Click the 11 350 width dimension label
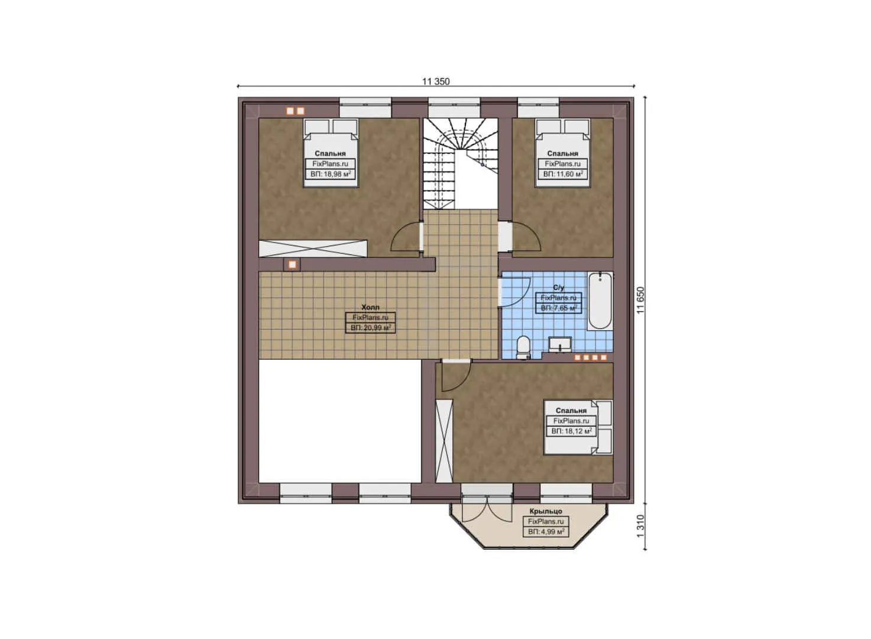436,82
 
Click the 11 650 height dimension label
640,301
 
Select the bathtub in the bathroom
600,301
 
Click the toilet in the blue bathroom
523,347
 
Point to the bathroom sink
559,344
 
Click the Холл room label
370,308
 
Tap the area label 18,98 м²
331,174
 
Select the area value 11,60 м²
563,174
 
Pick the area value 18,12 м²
571,431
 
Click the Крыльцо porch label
546,511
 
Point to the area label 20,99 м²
371,327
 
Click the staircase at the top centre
459,163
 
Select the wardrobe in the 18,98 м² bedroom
313,248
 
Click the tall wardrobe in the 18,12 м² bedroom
443,441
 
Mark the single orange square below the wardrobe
292,264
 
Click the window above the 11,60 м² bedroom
538,108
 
